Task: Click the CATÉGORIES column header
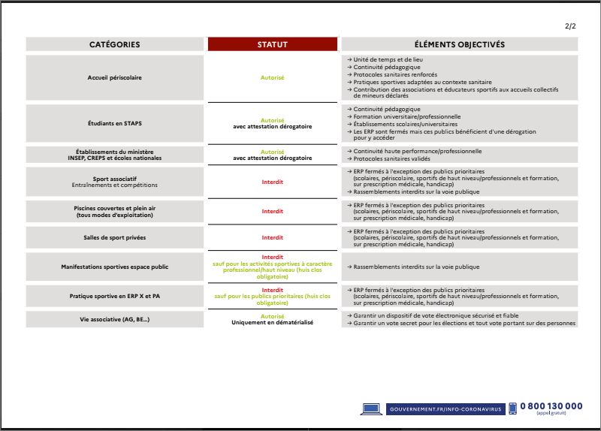(114, 44)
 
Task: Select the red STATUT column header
(272, 44)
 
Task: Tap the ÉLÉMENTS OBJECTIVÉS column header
(459, 44)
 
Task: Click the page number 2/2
(570, 26)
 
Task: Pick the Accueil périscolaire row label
(114, 77)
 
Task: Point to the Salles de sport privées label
(114, 237)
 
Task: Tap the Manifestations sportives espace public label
(114, 267)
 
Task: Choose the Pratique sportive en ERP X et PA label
(114, 296)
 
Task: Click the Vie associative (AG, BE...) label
(114, 319)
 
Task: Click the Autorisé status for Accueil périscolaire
(272, 77)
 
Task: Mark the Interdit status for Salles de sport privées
(272, 237)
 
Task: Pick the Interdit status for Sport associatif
(272, 182)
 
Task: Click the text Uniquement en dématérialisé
(272, 322)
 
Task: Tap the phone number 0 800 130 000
(551, 406)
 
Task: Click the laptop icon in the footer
(372, 408)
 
